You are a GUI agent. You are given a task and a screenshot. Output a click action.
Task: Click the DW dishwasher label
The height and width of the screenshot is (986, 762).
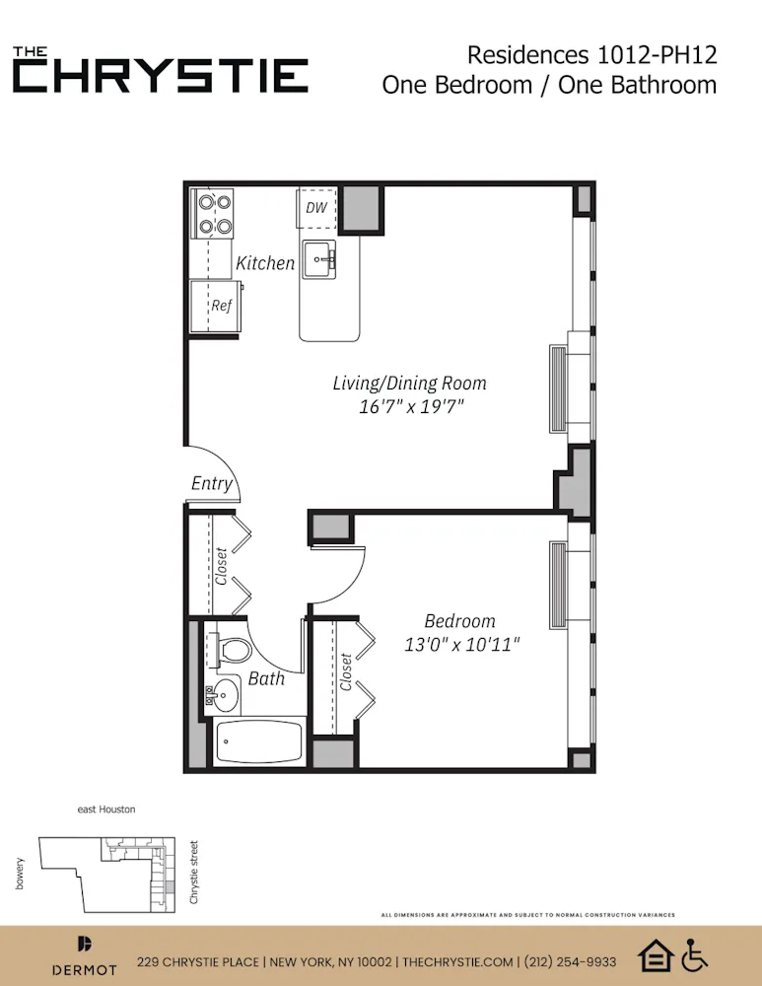pos(315,207)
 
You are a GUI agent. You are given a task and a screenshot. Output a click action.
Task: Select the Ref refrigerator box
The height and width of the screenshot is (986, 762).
pos(215,307)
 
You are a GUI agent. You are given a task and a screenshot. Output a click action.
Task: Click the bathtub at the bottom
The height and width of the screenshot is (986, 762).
pos(258,740)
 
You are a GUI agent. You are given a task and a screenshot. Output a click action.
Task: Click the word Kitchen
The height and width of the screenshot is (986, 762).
pos(264,263)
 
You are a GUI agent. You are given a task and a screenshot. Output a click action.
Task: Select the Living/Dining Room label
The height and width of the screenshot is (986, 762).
pos(409,383)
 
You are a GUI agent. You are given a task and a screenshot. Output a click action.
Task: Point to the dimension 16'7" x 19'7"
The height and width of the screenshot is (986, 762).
pos(411,406)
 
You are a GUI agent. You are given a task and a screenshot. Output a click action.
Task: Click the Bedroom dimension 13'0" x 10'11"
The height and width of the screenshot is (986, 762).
pos(461,645)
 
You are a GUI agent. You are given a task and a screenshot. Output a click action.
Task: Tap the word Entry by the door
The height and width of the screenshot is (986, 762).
pos(212,483)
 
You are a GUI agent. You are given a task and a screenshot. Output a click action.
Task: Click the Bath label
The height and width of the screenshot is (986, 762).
pos(266,678)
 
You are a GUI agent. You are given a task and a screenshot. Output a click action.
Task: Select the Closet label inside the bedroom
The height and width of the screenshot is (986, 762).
pos(346,672)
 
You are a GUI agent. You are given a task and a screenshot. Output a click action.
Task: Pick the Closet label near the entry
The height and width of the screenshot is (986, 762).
pos(221,567)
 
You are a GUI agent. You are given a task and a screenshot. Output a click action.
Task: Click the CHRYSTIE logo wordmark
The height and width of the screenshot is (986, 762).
pos(161,75)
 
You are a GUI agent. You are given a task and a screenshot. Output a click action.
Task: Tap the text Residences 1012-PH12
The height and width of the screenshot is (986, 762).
pos(591,54)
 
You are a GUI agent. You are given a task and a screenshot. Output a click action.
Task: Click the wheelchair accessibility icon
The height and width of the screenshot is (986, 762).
pos(696,954)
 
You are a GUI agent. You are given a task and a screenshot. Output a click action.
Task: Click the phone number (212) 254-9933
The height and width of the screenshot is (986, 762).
pos(572,962)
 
